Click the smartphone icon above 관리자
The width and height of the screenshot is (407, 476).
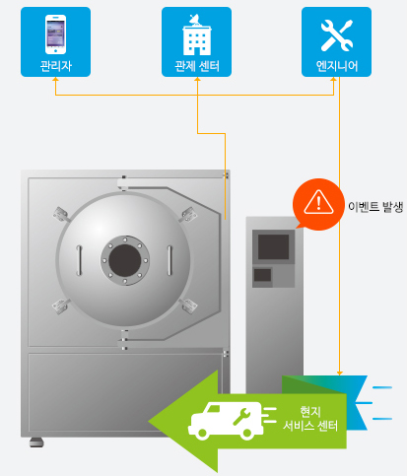click(55, 34)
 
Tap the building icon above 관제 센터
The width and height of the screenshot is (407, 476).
click(197, 34)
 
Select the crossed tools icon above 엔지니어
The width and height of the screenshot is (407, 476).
click(337, 35)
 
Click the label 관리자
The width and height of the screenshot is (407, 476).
click(55, 66)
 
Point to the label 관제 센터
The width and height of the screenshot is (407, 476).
click(197, 66)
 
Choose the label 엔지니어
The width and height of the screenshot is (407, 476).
click(337, 66)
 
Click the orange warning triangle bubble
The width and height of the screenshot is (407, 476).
click(317, 204)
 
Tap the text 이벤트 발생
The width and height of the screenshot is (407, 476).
click(375, 207)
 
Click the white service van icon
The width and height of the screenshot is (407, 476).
click(226, 422)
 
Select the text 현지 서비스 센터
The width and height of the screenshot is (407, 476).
click(310, 418)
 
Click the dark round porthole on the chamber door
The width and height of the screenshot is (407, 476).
click(125, 260)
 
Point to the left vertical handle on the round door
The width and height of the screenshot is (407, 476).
click(79, 260)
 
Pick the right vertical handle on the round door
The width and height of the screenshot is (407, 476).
click(170, 260)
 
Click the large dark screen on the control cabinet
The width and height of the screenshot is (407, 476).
click(273, 246)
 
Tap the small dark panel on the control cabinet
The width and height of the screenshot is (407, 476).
click(262, 275)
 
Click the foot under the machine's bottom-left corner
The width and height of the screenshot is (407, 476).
click(36, 442)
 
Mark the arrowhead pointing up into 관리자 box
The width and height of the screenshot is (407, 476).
click(55, 79)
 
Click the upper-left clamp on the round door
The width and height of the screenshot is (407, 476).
click(61, 215)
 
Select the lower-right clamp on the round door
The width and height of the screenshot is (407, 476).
click(188, 306)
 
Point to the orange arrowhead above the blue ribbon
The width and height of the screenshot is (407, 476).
click(340, 374)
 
